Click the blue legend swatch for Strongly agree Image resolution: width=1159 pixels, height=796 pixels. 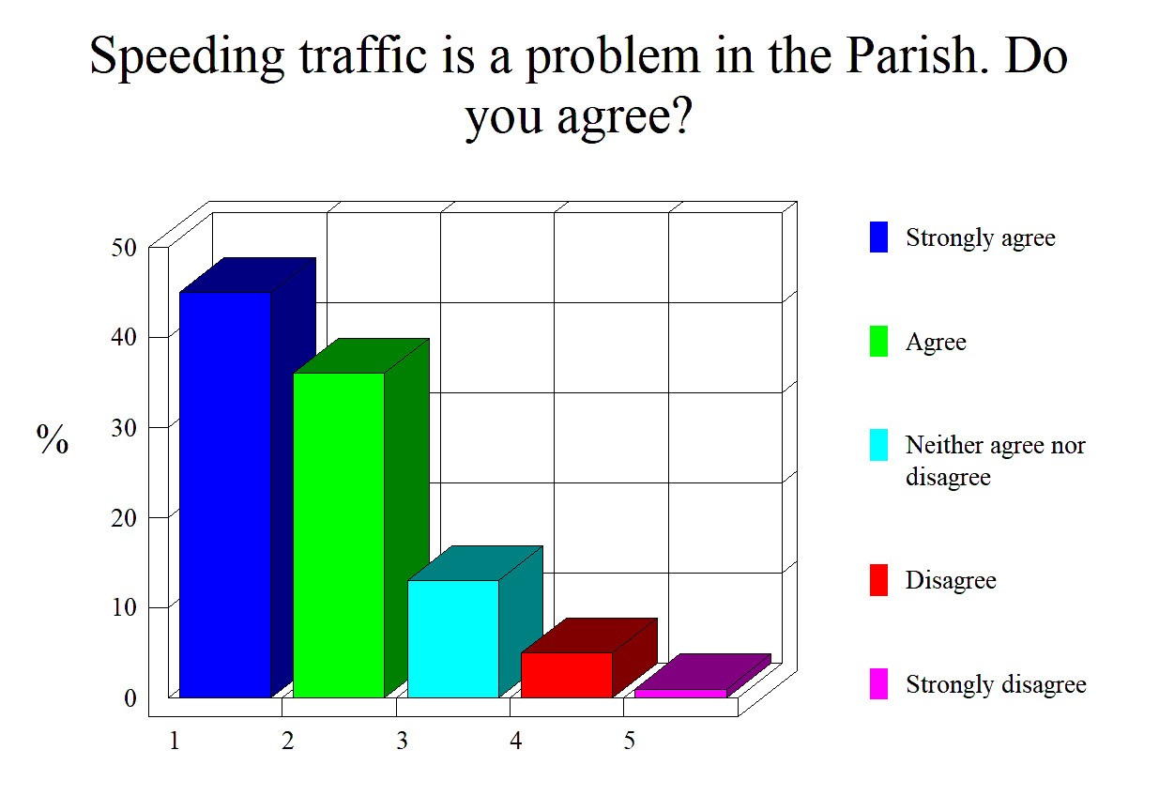(878, 237)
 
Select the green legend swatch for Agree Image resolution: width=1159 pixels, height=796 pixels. (878, 341)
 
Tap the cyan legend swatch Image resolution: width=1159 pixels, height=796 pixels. (878, 445)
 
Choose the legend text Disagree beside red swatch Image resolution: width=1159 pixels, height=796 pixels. (951, 581)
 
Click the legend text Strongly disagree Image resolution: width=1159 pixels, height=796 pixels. (996, 684)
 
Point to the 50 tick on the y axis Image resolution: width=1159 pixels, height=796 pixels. (124, 248)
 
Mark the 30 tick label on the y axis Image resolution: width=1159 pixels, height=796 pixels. (124, 428)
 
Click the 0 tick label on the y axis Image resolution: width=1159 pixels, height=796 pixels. (130, 698)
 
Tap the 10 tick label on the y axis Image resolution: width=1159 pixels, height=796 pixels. (124, 607)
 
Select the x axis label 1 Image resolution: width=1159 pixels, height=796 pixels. (175, 741)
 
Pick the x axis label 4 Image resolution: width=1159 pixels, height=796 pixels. (515, 741)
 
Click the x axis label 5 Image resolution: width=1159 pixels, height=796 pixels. (629, 741)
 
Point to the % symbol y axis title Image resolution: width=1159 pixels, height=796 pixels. (53, 439)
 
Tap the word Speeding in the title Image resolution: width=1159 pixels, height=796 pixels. (188, 58)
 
